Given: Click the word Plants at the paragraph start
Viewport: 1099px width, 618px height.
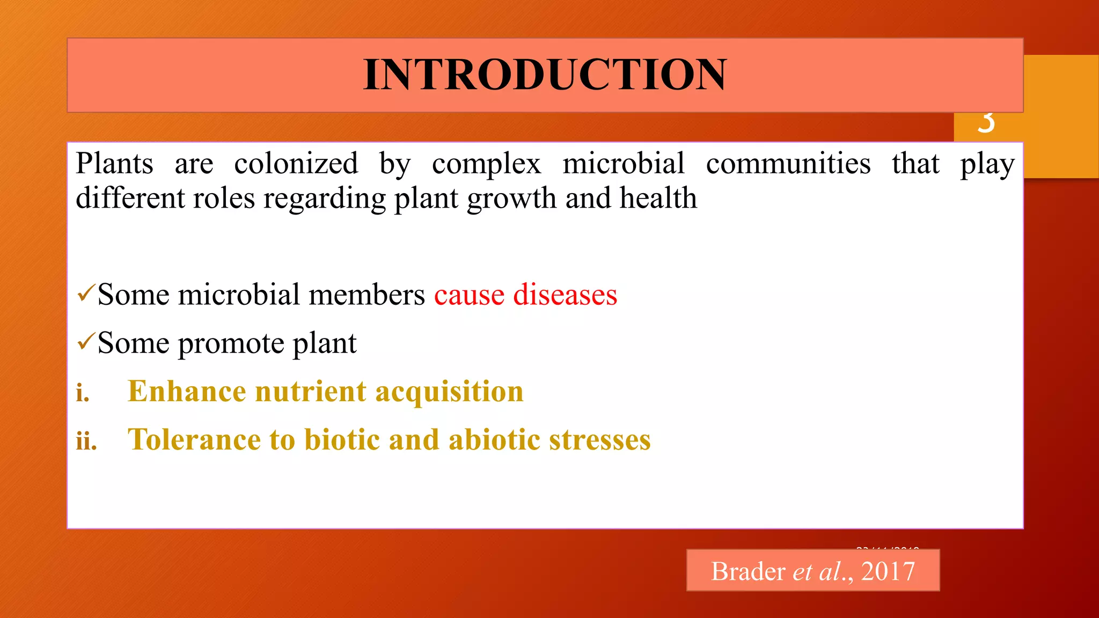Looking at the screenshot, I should coord(114,164).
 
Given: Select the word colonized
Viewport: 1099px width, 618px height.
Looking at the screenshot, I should coord(296,164).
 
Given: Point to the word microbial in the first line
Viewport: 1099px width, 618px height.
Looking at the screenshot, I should coord(623,164).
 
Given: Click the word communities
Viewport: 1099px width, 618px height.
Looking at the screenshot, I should coord(788,164).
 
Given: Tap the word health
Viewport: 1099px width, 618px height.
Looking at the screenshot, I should coord(658,198).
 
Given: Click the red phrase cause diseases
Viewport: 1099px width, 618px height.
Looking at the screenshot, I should coord(525,295).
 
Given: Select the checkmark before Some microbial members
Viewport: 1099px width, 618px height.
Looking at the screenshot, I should coord(85,293).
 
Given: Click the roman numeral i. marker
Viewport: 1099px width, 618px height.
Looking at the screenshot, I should coord(82,393).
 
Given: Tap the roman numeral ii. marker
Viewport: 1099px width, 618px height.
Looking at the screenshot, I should coord(86,442).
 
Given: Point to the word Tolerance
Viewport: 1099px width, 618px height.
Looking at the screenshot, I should coord(194,440).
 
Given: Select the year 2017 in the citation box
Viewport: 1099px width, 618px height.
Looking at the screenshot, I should coord(888,571).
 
